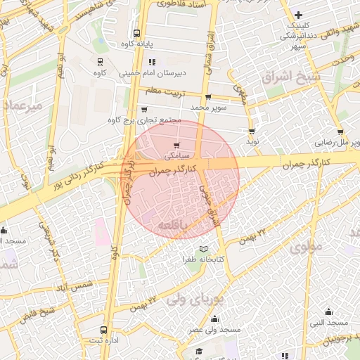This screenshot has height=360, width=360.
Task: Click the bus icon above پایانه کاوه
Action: (x=136, y=32)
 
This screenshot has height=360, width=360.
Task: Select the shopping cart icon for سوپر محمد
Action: (x=208, y=98)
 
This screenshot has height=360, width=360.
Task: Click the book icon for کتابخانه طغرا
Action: (x=204, y=249)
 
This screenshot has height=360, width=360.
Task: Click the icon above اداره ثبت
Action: (x=104, y=329)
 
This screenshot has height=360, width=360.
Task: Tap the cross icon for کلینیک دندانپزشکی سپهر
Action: (x=299, y=15)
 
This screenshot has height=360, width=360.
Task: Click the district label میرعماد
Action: (x=22, y=105)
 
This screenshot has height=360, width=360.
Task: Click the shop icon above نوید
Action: (x=252, y=131)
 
